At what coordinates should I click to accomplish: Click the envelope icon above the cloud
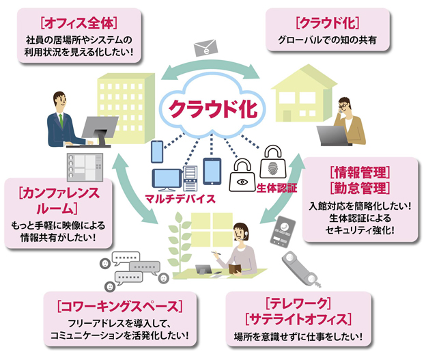click(205, 48)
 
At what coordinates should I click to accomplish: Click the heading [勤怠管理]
click(358, 187)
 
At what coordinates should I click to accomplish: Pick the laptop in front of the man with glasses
click(332, 135)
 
